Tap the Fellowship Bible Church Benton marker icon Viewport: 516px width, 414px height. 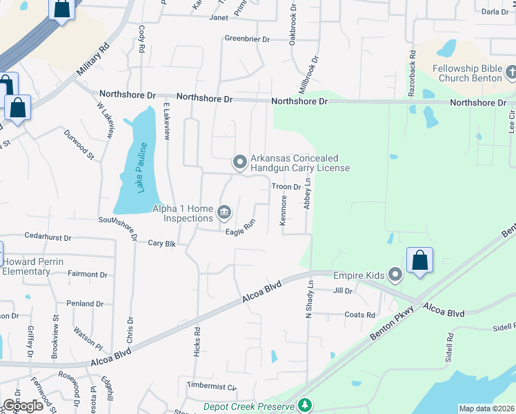click(x=511, y=72)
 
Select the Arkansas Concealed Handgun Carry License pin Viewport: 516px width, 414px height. click(x=240, y=163)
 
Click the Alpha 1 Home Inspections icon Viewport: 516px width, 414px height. click(x=224, y=211)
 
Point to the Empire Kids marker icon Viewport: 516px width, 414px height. click(x=395, y=275)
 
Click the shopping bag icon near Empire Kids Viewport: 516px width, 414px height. click(x=419, y=261)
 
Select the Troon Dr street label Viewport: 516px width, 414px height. click(x=286, y=187)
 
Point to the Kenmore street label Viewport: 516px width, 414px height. click(x=283, y=210)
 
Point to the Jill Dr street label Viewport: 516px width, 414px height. click(x=343, y=291)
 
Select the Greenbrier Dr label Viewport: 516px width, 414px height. click(x=247, y=39)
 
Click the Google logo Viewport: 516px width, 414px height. click(x=23, y=405)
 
